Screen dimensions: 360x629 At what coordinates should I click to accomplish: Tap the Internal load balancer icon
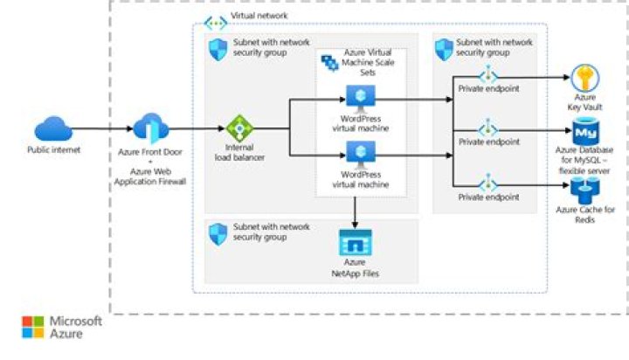[238, 128]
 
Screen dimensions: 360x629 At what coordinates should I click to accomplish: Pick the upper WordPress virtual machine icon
[357, 96]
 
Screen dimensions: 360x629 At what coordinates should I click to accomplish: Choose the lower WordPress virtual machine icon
[357, 153]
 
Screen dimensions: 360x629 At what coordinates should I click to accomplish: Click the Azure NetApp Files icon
[356, 241]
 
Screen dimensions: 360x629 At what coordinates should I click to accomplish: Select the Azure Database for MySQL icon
[584, 133]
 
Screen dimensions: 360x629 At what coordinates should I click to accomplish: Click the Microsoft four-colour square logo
[32, 327]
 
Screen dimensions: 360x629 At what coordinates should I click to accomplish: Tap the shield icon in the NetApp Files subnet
[218, 233]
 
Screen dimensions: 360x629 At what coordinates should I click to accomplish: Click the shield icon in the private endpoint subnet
[444, 50]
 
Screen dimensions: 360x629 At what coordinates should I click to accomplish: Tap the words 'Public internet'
[53, 150]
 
